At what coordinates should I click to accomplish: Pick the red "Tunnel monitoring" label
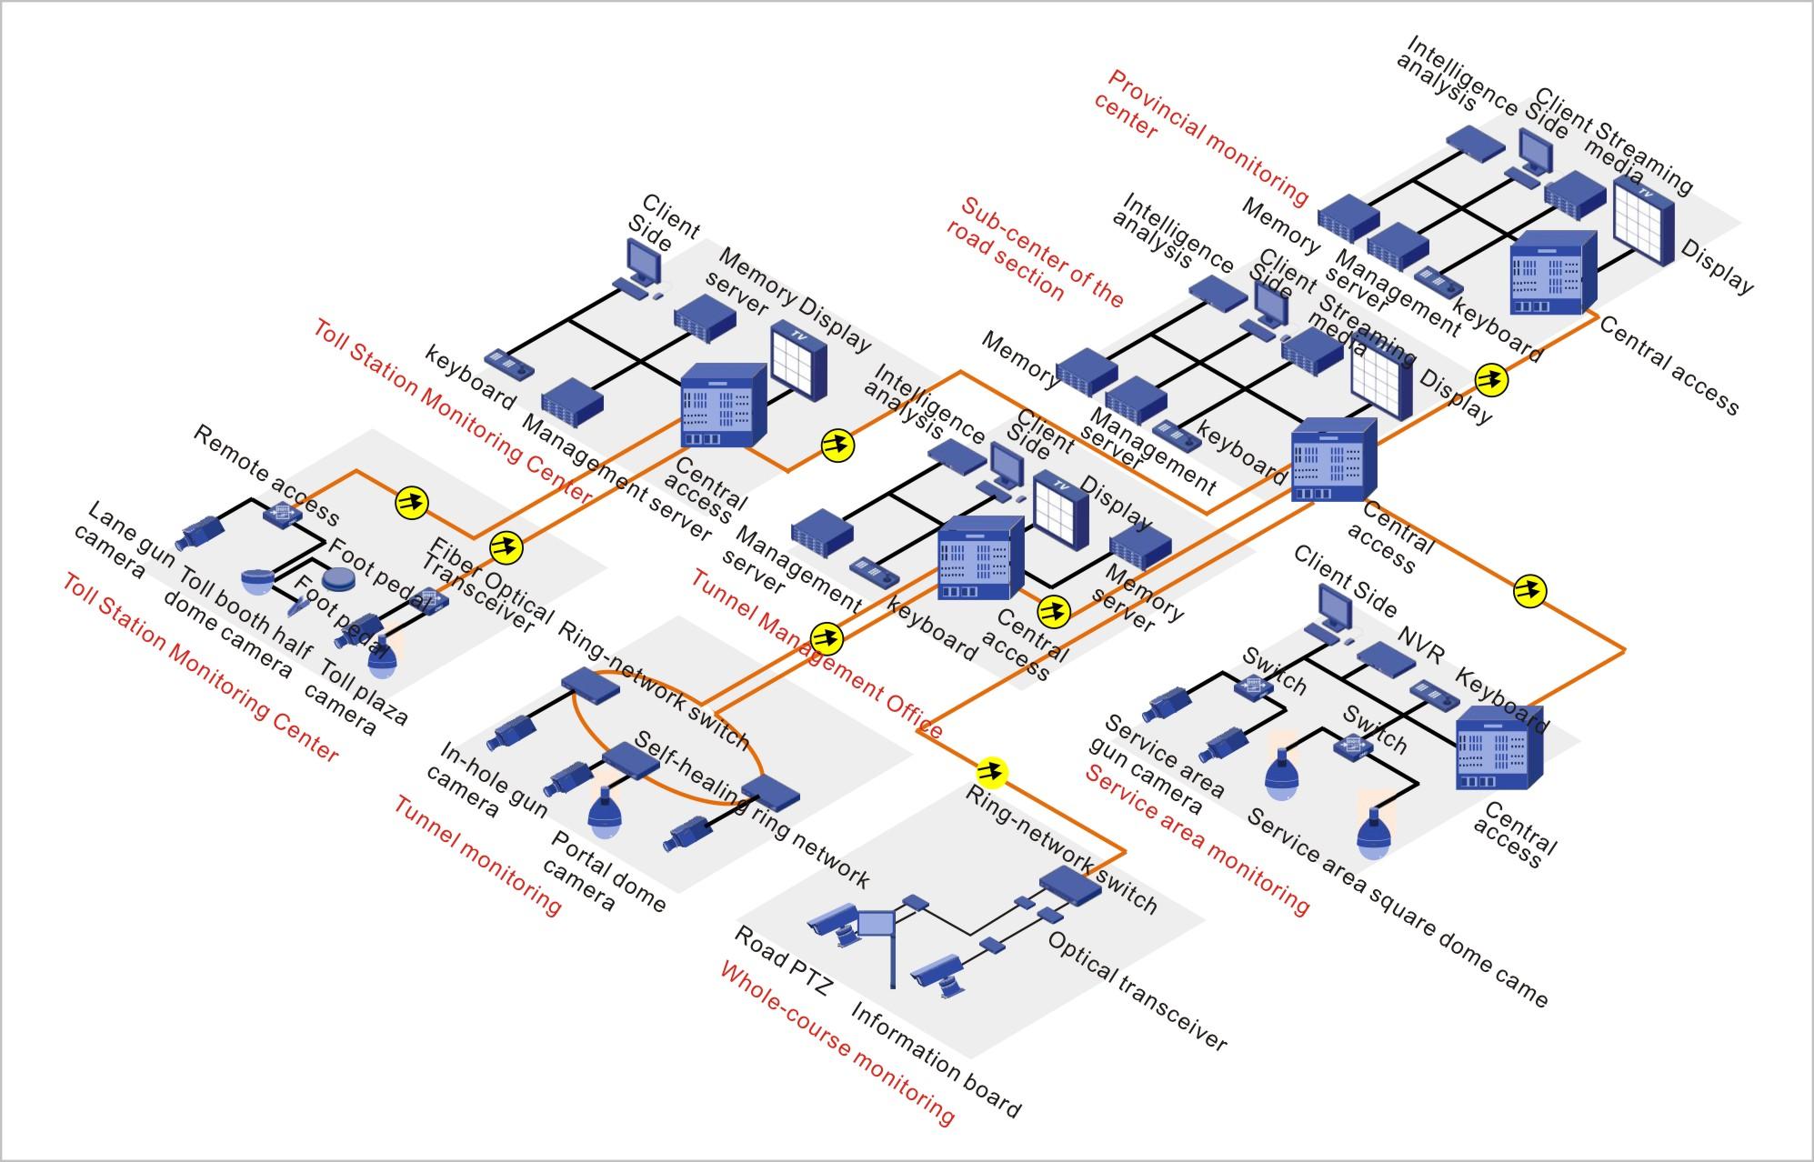(x=477, y=855)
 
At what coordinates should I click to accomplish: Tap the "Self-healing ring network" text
(x=751, y=808)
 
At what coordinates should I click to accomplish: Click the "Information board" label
(x=936, y=1060)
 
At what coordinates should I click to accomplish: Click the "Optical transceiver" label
(x=1137, y=991)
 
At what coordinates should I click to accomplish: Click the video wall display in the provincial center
(x=1644, y=222)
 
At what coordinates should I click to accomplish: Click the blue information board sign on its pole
(x=875, y=925)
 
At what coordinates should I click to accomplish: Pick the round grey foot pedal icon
(x=338, y=579)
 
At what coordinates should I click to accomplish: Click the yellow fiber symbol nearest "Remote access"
(x=411, y=502)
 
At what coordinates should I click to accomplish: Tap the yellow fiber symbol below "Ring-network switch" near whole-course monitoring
(x=990, y=773)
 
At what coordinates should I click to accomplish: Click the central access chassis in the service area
(x=1499, y=752)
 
